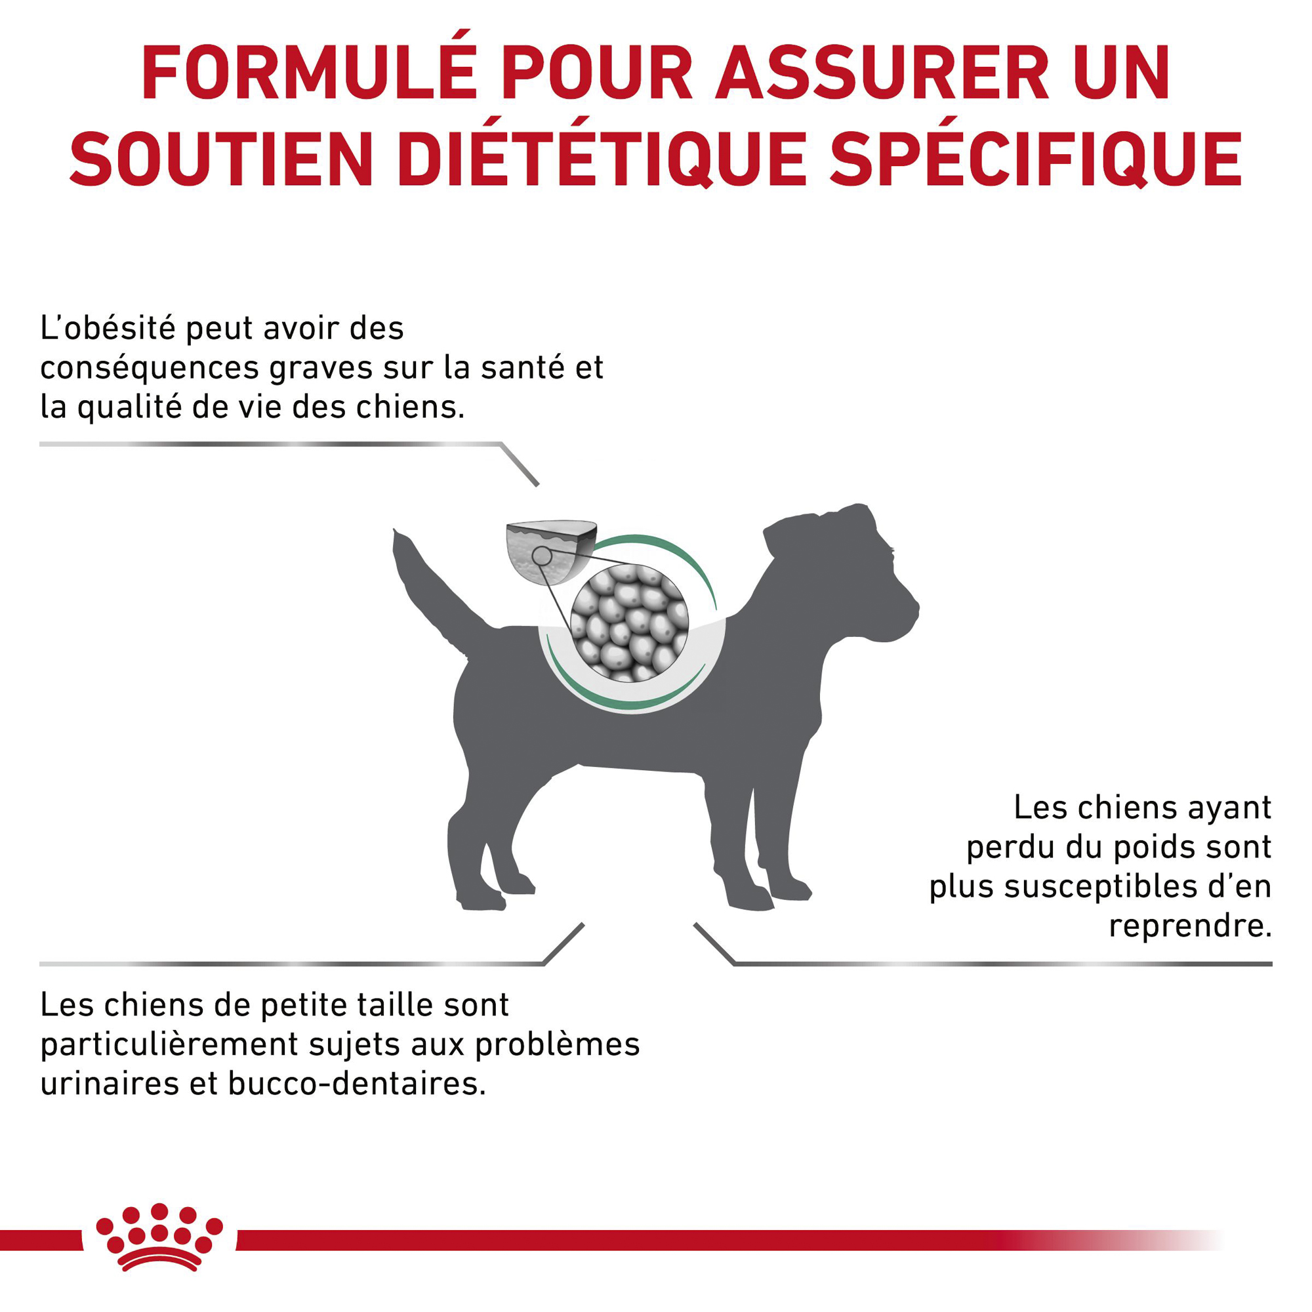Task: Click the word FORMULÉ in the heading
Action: (309, 73)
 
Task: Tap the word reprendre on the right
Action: (1190, 926)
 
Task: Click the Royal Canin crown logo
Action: (159, 1247)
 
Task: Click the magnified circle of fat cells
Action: (630, 623)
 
